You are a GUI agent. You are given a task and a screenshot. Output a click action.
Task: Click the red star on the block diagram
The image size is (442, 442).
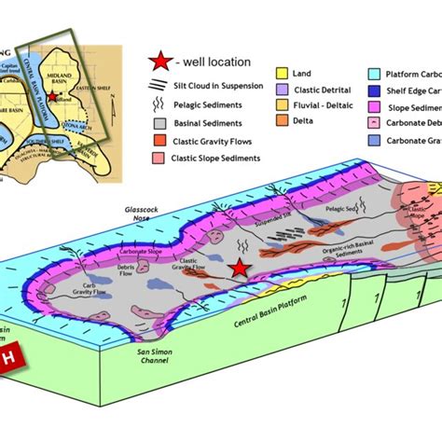point(241,269)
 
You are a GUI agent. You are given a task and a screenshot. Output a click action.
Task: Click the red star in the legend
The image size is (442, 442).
point(159,62)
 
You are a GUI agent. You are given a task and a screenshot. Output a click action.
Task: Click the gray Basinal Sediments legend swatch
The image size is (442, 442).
point(159,121)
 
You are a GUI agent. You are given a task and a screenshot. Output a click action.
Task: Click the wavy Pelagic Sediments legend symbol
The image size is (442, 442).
point(159,104)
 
